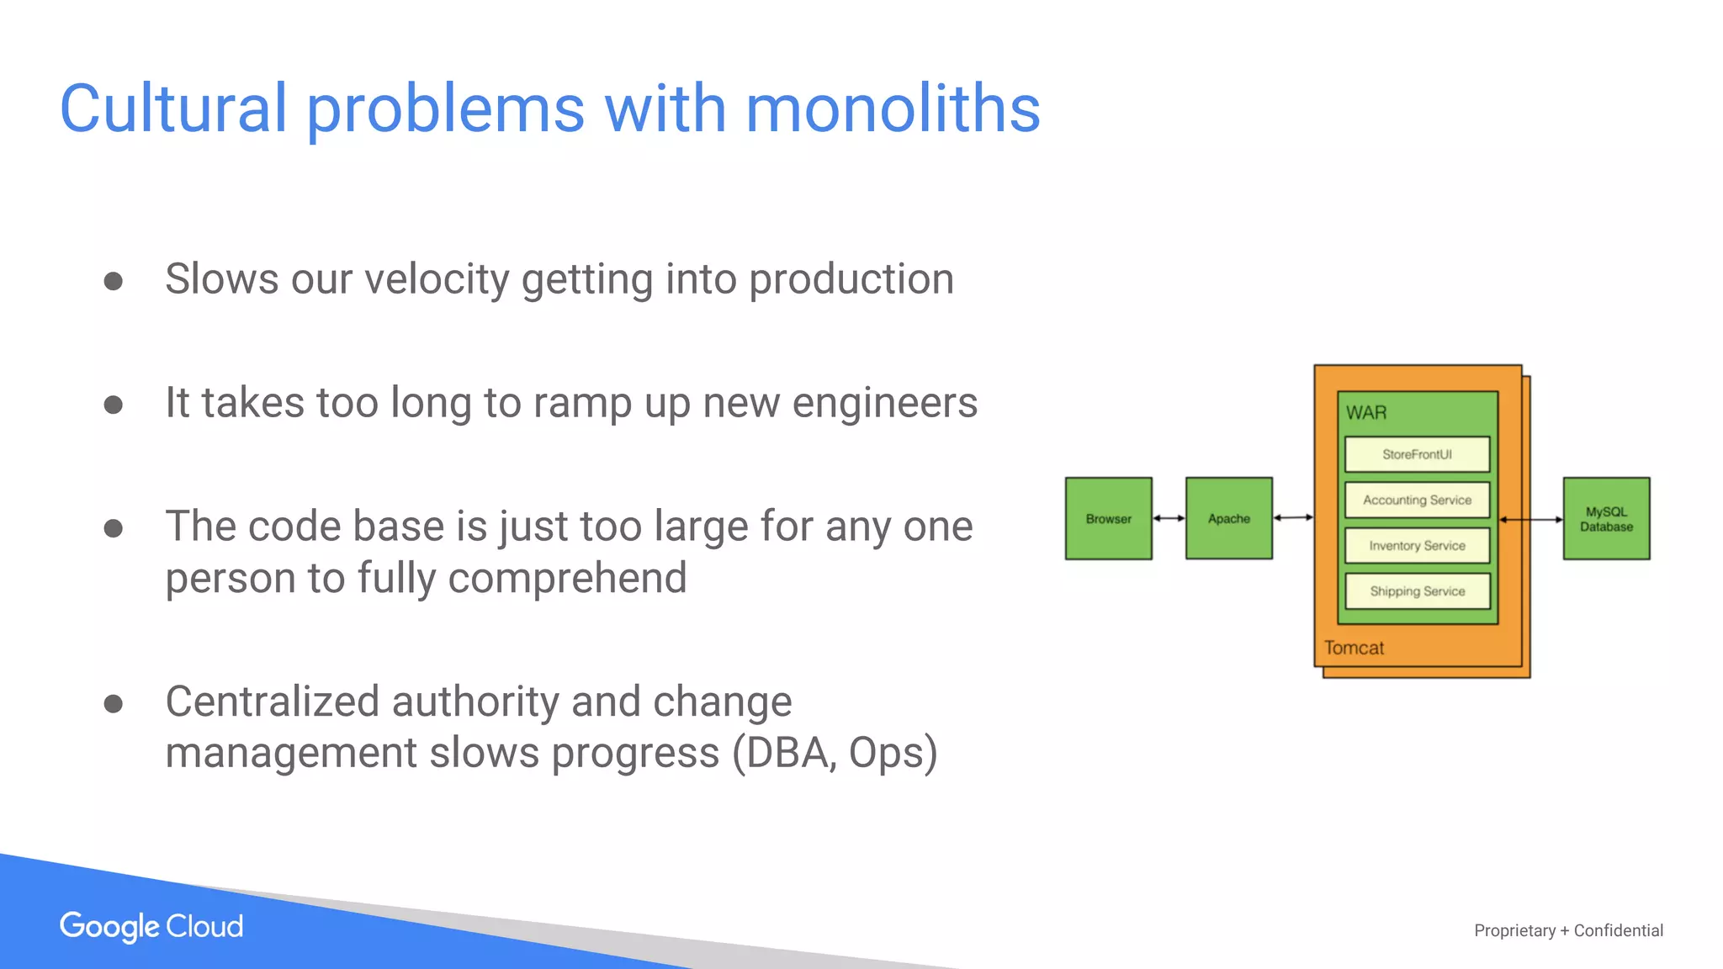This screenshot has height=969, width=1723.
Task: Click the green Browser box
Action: pyautogui.click(x=1108, y=518)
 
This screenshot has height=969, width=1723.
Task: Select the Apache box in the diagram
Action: pyautogui.click(x=1228, y=518)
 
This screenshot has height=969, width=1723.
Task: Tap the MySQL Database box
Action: pyautogui.click(x=1606, y=518)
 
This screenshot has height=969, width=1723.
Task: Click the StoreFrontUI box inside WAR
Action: pyautogui.click(x=1417, y=454)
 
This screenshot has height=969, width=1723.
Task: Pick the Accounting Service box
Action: pyautogui.click(x=1417, y=500)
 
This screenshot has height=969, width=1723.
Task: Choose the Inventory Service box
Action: pyautogui.click(x=1417, y=545)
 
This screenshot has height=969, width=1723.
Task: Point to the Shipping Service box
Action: pyautogui.click(x=1417, y=590)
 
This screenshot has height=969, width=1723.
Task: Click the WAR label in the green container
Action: pyautogui.click(x=1365, y=413)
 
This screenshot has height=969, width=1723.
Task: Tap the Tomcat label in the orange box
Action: pyautogui.click(x=1354, y=648)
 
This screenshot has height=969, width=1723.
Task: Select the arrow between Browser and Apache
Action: pyautogui.click(x=1169, y=518)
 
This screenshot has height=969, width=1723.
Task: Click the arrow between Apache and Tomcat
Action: pyautogui.click(x=1293, y=517)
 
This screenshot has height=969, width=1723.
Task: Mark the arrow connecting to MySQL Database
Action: pyautogui.click(x=1530, y=520)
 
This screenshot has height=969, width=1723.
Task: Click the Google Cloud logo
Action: pyautogui.click(x=151, y=926)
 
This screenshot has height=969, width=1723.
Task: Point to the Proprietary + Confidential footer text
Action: pyautogui.click(x=1568, y=930)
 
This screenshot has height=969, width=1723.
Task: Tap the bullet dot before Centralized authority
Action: pyautogui.click(x=114, y=703)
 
